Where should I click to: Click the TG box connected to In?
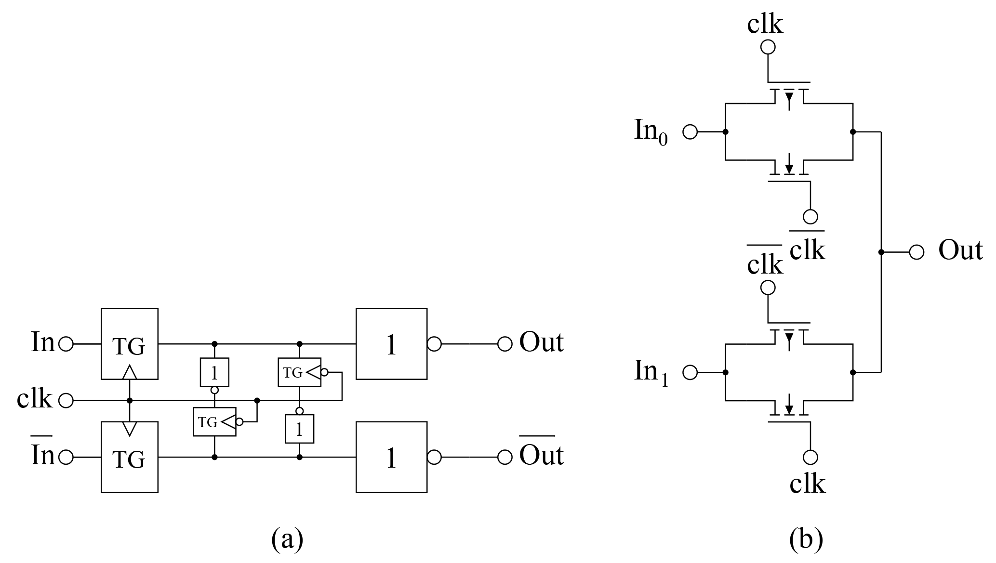coord(129,344)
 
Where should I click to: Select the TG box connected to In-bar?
coord(129,457)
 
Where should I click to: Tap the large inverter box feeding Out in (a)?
coord(391,344)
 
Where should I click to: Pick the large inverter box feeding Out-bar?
coord(391,457)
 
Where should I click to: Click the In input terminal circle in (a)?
coord(66,344)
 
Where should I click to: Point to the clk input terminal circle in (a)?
coord(66,400)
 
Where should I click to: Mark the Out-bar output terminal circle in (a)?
coord(505,457)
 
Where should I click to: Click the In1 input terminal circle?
coord(690,372)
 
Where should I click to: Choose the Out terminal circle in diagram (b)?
coord(916,252)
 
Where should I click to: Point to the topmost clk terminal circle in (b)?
coord(768,47)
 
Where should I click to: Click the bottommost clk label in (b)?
coord(807,484)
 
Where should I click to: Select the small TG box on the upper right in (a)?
coord(299,372)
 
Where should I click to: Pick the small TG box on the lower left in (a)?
coord(214,422)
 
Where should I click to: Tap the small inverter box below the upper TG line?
coord(214,372)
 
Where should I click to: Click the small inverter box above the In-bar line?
coord(299,429)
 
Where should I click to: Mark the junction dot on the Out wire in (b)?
coord(881,252)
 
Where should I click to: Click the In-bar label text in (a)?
coord(42,454)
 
